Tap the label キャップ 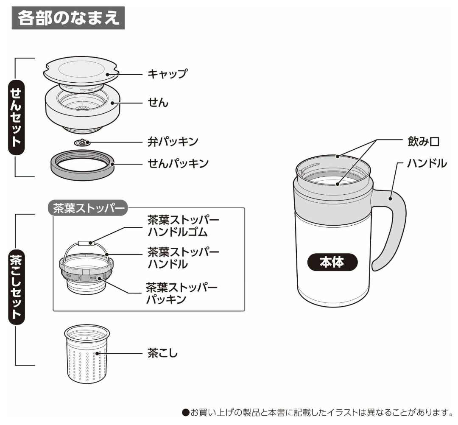point(167,74)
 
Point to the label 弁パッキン point(173,141)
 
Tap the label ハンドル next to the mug point(427,162)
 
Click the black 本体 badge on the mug point(332,263)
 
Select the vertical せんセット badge point(16,117)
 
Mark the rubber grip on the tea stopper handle point(86,243)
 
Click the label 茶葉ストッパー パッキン point(182,294)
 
